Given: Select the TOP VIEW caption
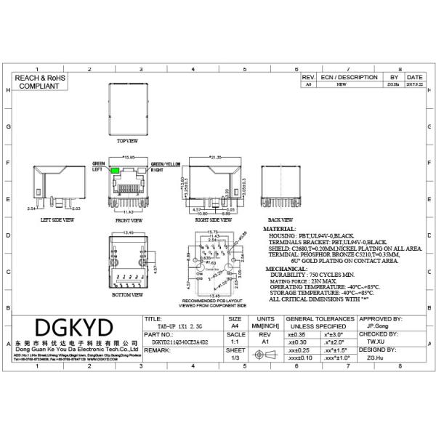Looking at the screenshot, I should [x=127, y=142].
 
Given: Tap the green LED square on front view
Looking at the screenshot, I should [x=116, y=170].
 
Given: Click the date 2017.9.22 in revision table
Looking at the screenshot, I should [x=414, y=84].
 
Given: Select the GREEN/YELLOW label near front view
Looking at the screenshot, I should [x=166, y=164].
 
